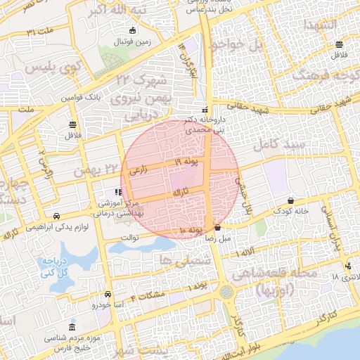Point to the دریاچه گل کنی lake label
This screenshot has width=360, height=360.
tap(53, 265)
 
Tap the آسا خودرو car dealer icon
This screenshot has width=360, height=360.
tap(108, 295)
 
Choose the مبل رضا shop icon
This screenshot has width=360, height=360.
tap(217, 227)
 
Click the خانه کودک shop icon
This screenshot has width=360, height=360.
tap(291, 200)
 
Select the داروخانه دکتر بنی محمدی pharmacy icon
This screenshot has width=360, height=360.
tap(205, 110)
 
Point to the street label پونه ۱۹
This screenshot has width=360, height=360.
tap(186, 162)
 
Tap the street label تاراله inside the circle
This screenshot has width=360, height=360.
tap(181, 191)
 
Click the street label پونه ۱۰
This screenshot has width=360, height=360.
tap(191, 230)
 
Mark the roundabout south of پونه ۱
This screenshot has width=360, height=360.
tap(226, 291)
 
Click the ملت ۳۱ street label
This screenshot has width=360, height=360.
tap(41, 32)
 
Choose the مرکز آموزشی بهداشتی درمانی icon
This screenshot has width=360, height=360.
tap(117, 192)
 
